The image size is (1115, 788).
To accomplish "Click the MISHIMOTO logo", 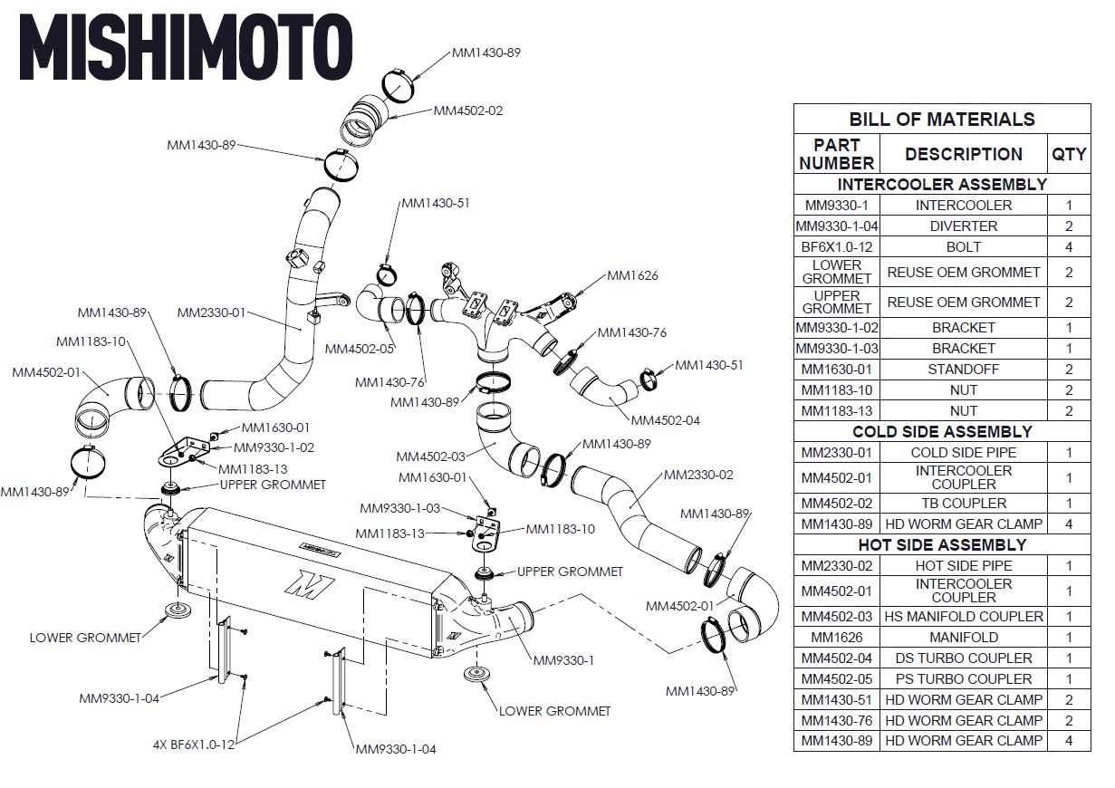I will (186, 47).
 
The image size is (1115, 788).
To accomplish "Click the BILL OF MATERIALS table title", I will (942, 119).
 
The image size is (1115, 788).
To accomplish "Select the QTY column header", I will (1069, 154).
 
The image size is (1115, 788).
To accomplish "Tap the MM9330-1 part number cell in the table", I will (836, 206).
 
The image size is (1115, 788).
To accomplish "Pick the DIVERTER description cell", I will (964, 226).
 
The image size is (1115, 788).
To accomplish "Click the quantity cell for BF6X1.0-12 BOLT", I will (1069, 246).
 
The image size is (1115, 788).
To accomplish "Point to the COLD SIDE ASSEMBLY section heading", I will (942, 432).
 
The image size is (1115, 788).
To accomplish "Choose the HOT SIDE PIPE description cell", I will (964, 565).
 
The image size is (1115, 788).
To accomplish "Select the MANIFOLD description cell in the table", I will (964, 637).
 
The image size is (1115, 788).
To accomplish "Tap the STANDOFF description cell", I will (964, 370).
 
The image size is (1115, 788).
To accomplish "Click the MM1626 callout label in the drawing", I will (632, 275).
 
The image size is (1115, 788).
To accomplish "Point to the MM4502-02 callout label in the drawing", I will (468, 111).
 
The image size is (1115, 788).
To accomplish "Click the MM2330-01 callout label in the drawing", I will (212, 312).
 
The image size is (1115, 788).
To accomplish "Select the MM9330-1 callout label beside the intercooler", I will (563, 659).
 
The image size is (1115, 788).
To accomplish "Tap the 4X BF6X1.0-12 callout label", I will (194, 745).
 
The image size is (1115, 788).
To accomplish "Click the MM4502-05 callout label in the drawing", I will (360, 349).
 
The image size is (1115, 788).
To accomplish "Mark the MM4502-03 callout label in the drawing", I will (430, 456).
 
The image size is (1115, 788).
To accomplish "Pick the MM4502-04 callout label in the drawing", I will (665, 420).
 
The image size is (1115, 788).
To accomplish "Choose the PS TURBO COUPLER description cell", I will (964, 678).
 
